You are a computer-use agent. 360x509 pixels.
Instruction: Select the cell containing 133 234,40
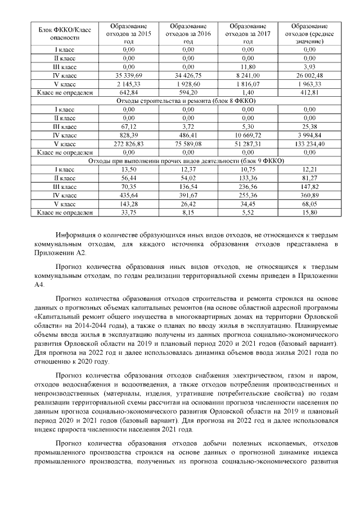[x=309, y=143]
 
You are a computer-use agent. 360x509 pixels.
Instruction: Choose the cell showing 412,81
[x=309, y=92]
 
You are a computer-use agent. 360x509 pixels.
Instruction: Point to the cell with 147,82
[x=309, y=186]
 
